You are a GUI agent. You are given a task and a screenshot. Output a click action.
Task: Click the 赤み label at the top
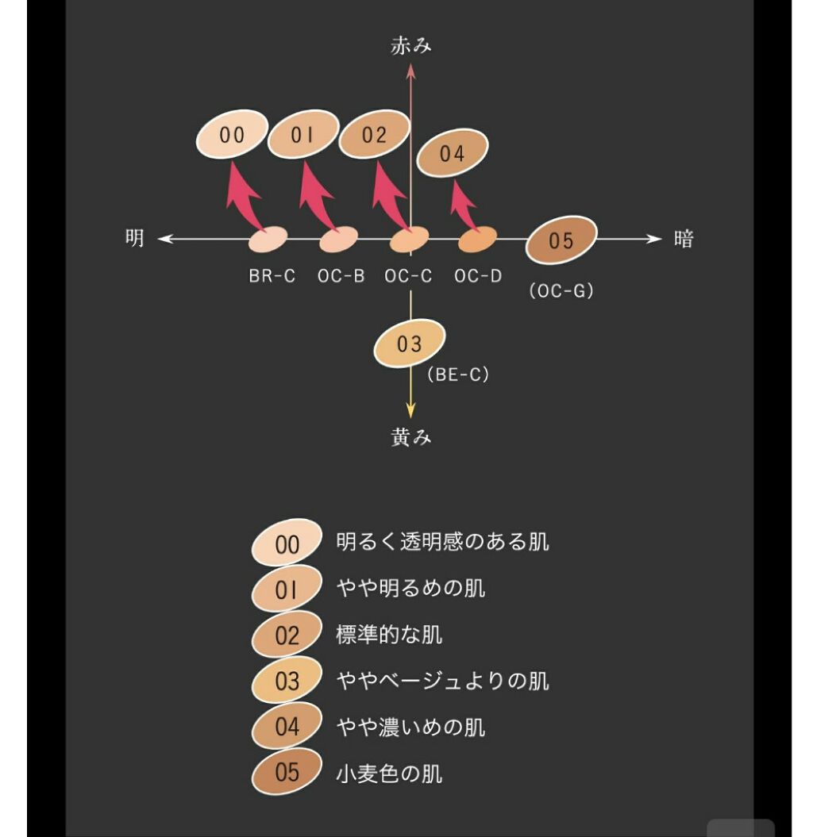point(411,46)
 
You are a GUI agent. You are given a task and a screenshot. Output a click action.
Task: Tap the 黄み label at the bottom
point(411,437)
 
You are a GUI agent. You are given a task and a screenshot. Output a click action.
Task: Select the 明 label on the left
point(135,238)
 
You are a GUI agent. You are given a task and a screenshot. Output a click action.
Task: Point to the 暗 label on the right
point(684,239)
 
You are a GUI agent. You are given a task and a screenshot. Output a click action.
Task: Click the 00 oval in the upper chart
point(232,136)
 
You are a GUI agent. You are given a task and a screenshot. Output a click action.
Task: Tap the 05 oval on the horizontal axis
point(561,240)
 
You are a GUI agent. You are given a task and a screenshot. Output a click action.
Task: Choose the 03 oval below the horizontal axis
point(410,344)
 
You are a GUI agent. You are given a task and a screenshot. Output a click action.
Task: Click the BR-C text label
point(272,277)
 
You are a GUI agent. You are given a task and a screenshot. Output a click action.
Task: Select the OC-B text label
point(341,277)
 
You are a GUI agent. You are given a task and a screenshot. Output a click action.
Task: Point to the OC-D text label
point(478,277)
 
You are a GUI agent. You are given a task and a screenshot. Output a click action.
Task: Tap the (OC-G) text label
point(561,291)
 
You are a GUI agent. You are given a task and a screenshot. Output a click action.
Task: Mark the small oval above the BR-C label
point(268,237)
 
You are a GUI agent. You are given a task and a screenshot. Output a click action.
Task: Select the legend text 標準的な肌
point(389,635)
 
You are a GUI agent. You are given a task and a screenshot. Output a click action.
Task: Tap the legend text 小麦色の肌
point(389,773)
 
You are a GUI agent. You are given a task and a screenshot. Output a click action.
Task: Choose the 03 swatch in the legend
point(287,681)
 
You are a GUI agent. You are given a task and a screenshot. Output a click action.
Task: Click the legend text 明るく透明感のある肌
point(442,543)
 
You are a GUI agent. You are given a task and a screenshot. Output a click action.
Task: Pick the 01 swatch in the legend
point(287,590)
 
